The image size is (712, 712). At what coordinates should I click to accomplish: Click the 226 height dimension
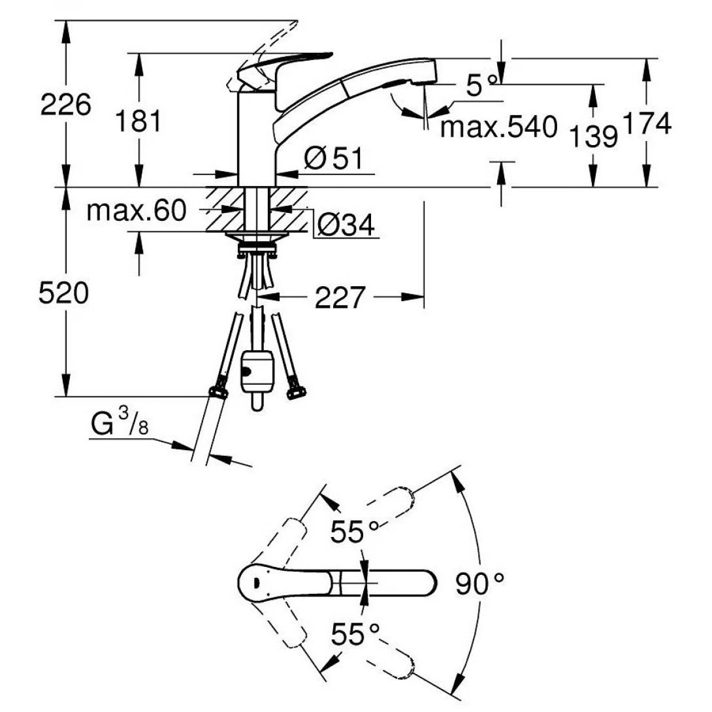65,105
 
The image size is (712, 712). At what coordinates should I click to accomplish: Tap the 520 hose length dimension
63,294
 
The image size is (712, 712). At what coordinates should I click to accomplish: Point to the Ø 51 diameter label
333,159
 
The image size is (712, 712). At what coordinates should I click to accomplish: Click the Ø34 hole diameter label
346,226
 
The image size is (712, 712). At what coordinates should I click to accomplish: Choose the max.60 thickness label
137,210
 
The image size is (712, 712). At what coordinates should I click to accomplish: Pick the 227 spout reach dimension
339,298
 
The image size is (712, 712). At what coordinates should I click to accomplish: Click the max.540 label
498,127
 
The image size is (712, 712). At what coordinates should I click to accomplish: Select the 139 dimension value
593,137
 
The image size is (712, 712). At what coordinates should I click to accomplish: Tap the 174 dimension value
647,124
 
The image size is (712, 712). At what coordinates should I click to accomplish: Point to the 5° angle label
481,85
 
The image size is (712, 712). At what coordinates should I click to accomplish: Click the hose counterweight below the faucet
257,376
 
